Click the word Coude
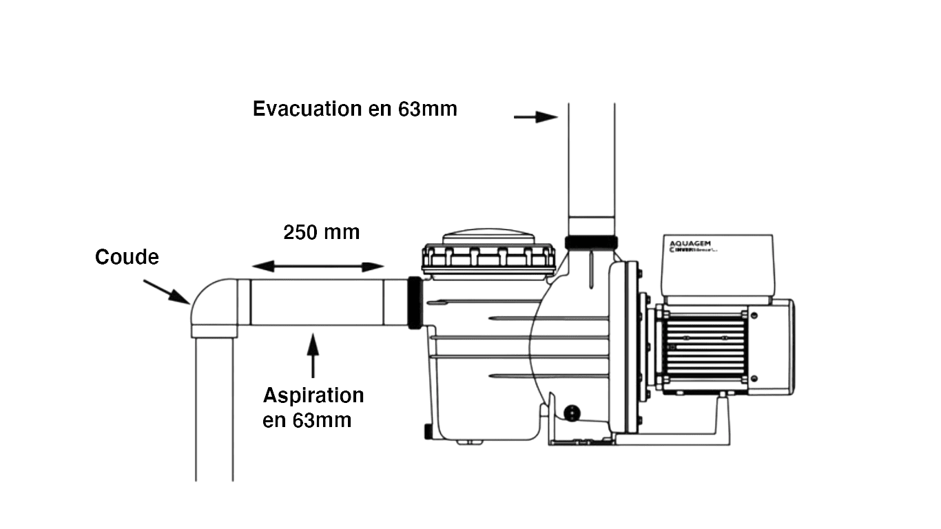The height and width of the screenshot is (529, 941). coord(127,258)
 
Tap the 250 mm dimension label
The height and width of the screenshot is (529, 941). coord(321,233)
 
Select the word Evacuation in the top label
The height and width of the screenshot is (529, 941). coord(307,110)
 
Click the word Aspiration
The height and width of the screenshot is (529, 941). coord(313,396)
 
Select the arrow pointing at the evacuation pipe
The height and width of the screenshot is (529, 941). coord(536,117)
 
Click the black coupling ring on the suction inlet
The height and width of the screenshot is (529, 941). coord(415,304)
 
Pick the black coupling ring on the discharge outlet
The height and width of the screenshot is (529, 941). coord(591,242)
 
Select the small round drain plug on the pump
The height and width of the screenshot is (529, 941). coord(571,412)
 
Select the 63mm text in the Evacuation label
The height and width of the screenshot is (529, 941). coord(427,110)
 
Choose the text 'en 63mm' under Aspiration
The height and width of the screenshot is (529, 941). coord(307,420)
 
